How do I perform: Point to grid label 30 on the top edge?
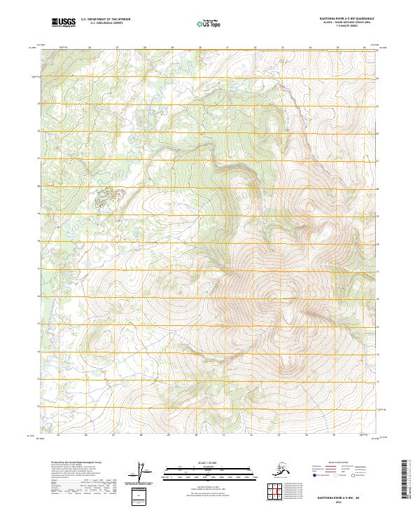pos(199,48)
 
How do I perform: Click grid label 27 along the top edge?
pos(118,48)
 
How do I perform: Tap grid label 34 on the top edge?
pos(309,48)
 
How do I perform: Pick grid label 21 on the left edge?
pos(39,160)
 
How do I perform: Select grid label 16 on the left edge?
pos(39,296)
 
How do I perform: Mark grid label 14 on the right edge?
pos(379,353)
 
